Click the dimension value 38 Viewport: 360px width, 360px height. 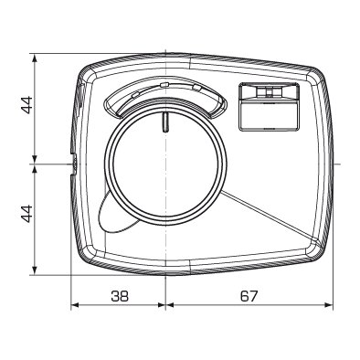120,296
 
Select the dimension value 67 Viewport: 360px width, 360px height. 249,296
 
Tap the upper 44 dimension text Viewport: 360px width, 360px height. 26,105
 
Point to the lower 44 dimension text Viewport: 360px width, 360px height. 26,214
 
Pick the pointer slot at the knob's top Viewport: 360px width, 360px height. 165,122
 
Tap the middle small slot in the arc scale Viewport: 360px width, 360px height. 164,84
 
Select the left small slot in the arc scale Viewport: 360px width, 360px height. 135,94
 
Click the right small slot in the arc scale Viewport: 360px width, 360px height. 196,88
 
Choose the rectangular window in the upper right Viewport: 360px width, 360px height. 269,107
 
